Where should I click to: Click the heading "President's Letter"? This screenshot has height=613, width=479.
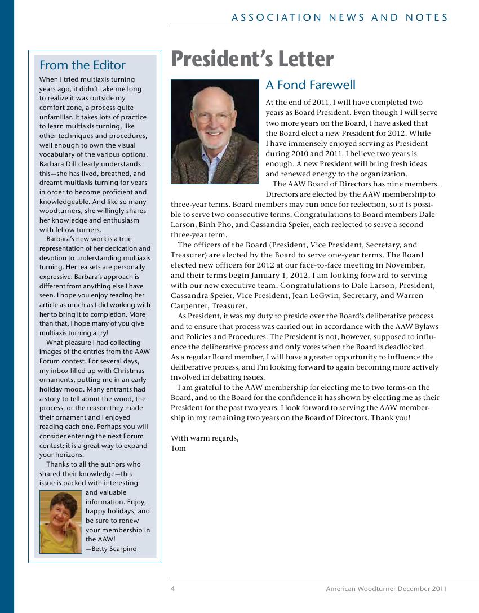pyautogui.click(x=252, y=59)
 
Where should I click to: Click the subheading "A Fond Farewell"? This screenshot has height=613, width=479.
pyautogui.click(x=311, y=85)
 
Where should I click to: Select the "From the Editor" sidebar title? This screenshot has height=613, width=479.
pyautogui.click(x=82, y=65)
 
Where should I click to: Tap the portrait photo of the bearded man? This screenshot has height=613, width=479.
pyautogui.click(x=215, y=131)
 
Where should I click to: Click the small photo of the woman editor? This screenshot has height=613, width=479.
pyautogui.click(x=61, y=522)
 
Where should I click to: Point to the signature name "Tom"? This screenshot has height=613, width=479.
pyautogui.click(x=178, y=448)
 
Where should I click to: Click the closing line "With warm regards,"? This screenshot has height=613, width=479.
pyautogui.click(x=205, y=438)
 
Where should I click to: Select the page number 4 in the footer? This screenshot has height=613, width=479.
pyautogui.click(x=173, y=589)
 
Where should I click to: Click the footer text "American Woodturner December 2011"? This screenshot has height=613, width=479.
pyautogui.click(x=386, y=589)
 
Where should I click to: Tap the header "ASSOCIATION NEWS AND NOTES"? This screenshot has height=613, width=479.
pyautogui.click(x=340, y=18)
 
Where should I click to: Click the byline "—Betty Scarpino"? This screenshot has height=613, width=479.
pyautogui.click(x=111, y=549)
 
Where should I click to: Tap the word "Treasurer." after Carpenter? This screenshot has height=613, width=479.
pyautogui.click(x=229, y=306)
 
